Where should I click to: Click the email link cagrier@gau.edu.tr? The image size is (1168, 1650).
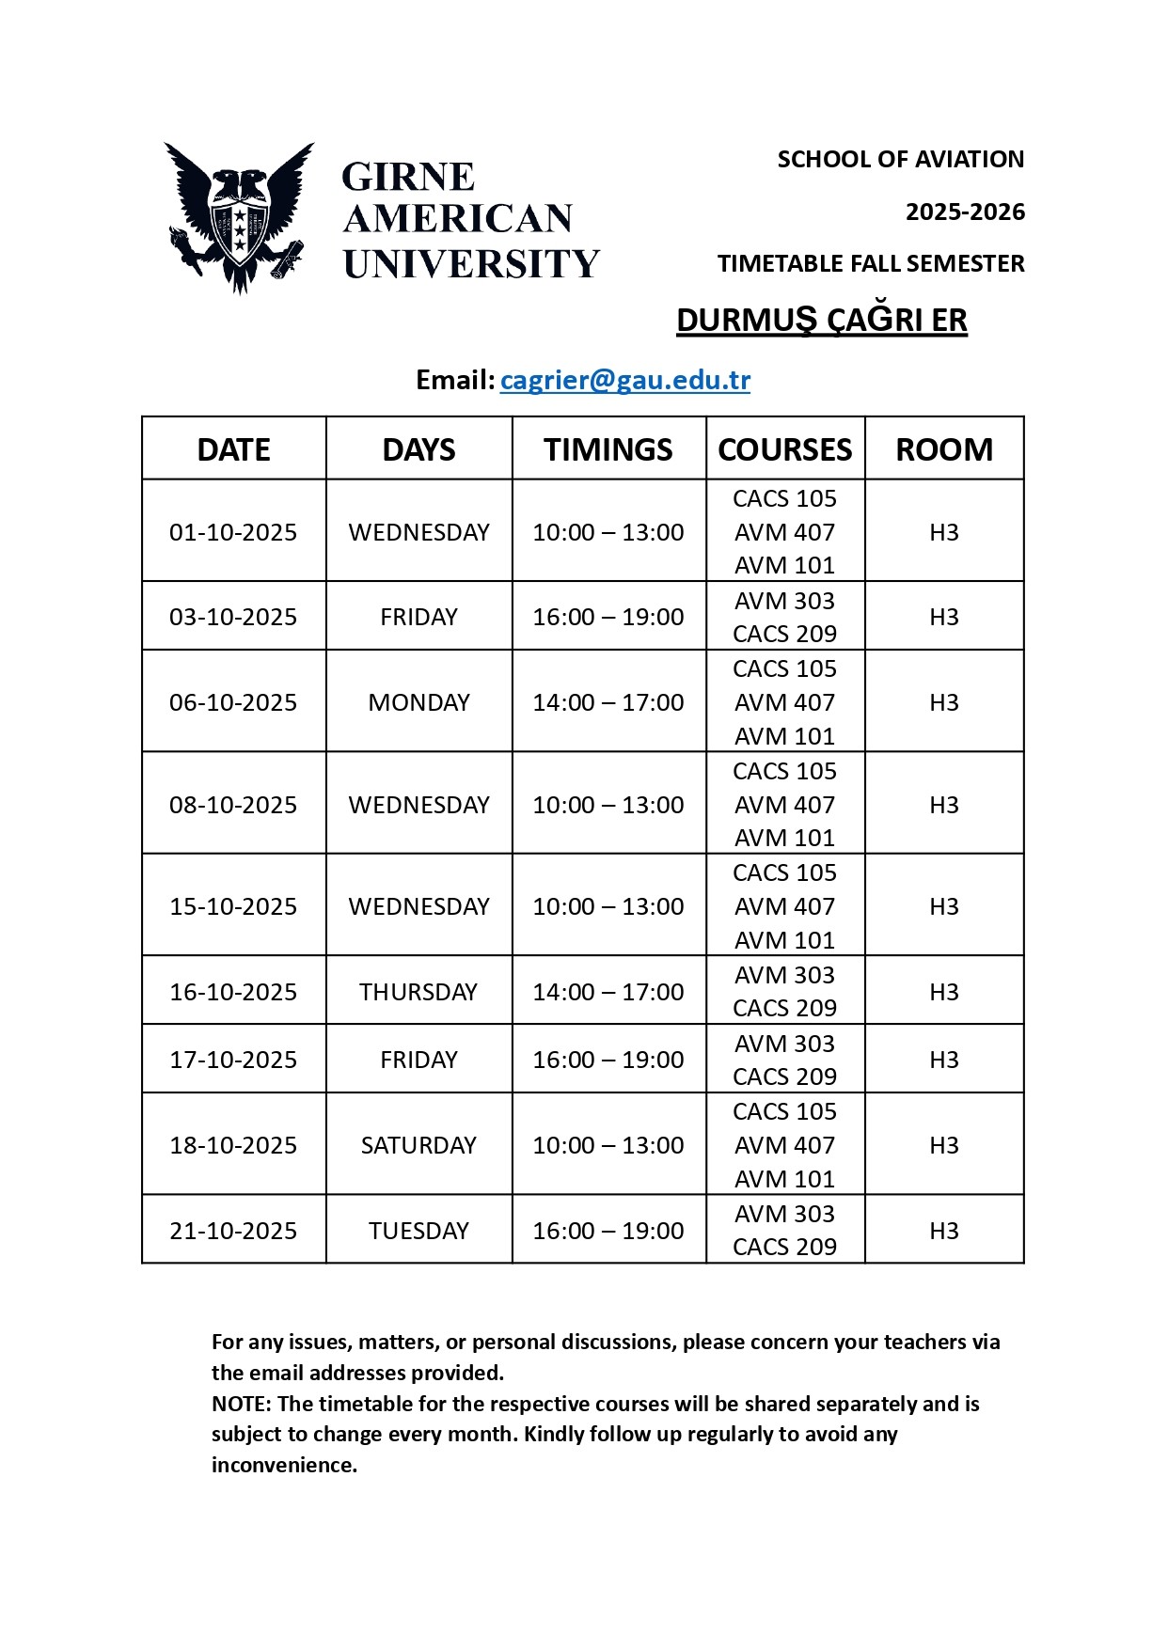[x=624, y=380]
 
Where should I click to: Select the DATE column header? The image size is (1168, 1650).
[x=233, y=449]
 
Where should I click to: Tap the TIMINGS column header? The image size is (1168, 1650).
[x=608, y=449]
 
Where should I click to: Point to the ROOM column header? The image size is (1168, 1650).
[x=943, y=449]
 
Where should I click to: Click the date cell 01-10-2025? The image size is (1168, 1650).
[x=233, y=532]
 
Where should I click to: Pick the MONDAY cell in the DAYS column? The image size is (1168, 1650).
[x=418, y=702]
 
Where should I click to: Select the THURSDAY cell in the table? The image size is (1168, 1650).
[x=418, y=992]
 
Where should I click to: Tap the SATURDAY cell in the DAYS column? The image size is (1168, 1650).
[x=418, y=1145]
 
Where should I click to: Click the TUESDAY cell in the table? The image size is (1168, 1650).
[x=418, y=1231]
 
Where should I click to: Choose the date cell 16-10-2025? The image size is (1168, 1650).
[x=233, y=992]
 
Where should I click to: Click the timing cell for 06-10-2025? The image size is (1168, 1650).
[x=608, y=702]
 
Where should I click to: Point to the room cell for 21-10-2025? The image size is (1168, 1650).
[x=943, y=1231]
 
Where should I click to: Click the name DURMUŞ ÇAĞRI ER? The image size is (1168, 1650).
[x=821, y=321]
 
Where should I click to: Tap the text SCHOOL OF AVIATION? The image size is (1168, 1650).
[x=900, y=160]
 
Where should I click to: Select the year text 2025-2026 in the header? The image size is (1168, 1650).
[x=965, y=212]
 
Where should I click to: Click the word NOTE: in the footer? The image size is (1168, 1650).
[x=241, y=1404]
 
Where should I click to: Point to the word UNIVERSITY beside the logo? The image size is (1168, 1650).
[x=470, y=264]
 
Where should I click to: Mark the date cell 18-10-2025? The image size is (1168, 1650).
[x=233, y=1145]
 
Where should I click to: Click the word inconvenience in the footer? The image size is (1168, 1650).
[x=283, y=1465]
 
